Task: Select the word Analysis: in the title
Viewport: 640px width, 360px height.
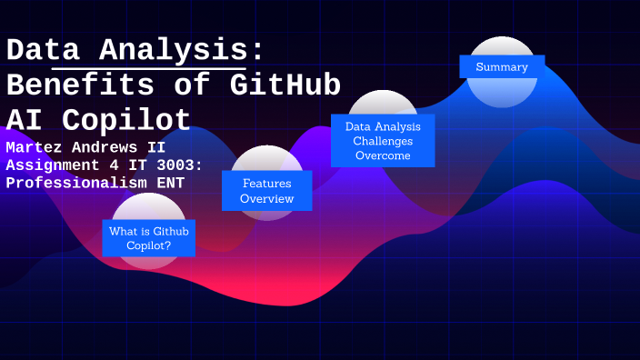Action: point(182,51)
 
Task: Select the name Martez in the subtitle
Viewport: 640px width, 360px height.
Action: point(33,146)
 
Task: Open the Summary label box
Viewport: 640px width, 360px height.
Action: point(502,66)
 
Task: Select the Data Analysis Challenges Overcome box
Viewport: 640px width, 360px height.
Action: point(383,141)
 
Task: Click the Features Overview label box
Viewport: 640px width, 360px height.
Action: point(266,191)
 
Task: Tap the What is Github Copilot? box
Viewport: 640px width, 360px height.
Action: point(149,238)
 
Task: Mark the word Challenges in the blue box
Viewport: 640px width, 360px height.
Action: point(383,141)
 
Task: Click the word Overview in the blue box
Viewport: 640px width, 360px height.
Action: point(266,198)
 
